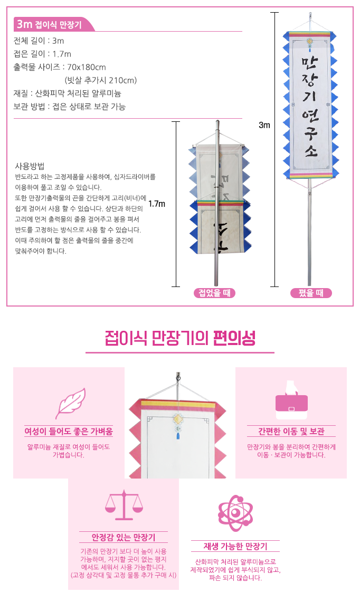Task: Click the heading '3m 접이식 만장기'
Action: pyautogui.click(x=49, y=25)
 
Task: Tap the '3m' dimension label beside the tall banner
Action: pyautogui.click(x=264, y=125)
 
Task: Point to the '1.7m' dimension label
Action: pyautogui.click(x=157, y=204)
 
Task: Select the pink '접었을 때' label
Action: pyautogui.click(x=214, y=293)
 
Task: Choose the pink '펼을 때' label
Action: pyautogui.click(x=311, y=293)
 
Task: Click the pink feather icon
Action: pyautogui.click(x=70, y=403)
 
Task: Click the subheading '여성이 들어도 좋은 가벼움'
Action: pyautogui.click(x=69, y=432)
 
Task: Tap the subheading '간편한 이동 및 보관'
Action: pyautogui.click(x=291, y=432)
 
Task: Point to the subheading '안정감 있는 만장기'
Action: pyautogui.click(x=124, y=537)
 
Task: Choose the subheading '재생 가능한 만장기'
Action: pyautogui.click(x=235, y=546)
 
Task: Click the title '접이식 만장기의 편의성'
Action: pyautogui.click(x=180, y=338)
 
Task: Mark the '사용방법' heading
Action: pyautogui.click(x=30, y=166)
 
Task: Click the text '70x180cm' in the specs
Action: pyautogui.click(x=87, y=67)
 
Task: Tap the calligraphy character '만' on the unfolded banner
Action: pyautogui.click(x=310, y=62)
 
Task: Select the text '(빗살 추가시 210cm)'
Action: pyautogui.click(x=101, y=80)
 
